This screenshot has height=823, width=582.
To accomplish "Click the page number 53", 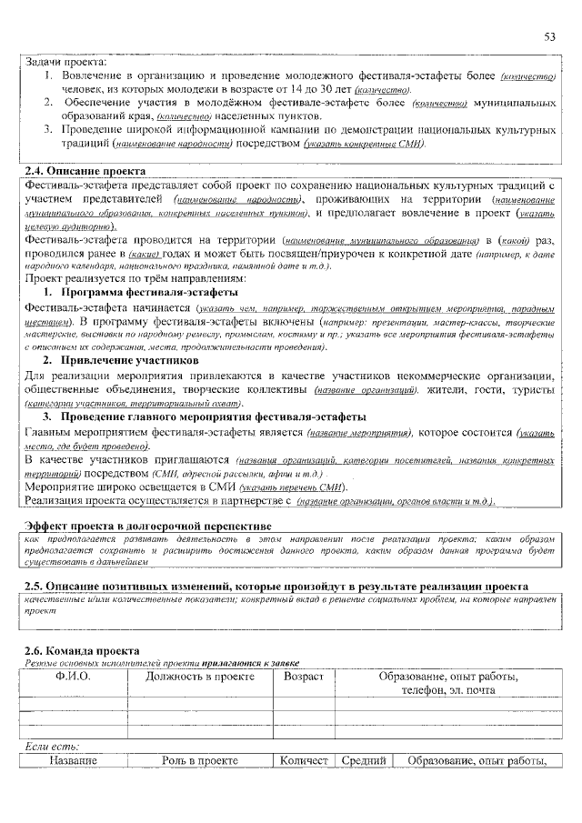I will point(549,36).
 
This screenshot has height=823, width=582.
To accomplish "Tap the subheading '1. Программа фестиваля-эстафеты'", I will point(142,292).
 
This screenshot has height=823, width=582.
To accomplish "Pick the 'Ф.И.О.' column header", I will point(73,677).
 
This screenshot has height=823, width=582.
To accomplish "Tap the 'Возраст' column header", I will point(304,677).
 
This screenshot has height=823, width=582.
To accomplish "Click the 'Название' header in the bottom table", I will point(73,760).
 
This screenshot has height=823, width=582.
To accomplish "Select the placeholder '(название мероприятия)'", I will point(360,431).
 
